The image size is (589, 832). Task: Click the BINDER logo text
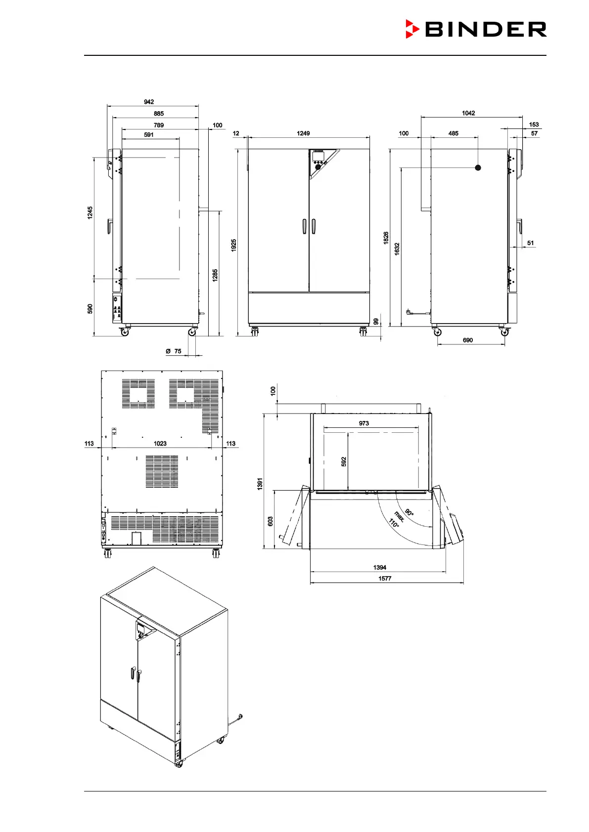pyautogui.click(x=486, y=29)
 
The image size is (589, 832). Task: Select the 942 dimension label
pyautogui.click(x=149, y=102)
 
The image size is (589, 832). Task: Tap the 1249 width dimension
pyautogui.click(x=303, y=133)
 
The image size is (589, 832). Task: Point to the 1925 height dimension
pyautogui.click(x=234, y=246)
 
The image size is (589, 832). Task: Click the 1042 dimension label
pyautogui.click(x=468, y=113)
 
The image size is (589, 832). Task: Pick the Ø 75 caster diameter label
pyautogui.click(x=174, y=351)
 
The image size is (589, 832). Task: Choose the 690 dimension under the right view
pyautogui.click(x=468, y=340)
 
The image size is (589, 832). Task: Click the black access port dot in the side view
pyautogui.click(x=478, y=167)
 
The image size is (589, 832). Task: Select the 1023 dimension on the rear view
pyautogui.click(x=160, y=443)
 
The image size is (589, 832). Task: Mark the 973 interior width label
pyautogui.click(x=364, y=423)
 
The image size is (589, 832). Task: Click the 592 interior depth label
pyautogui.click(x=344, y=461)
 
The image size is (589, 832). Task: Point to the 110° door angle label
pyautogui.click(x=394, y=523)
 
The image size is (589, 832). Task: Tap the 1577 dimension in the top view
pyautogui.click(x=385, y=578)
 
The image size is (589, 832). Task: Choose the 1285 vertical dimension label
pyautogui.click(x=215, y=275)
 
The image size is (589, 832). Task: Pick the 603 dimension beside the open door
pyautogui.click(x=271, y=521)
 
